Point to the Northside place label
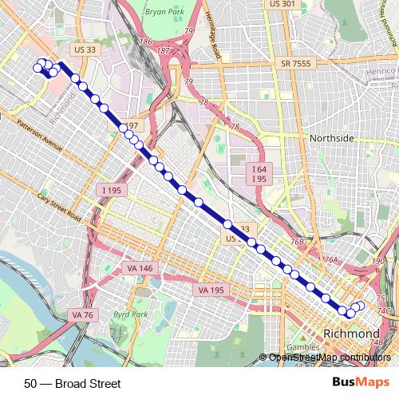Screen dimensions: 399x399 pyautogui.click(x=331, y=138)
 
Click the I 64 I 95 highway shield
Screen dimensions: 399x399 pyautogui.click(x=257, y=174)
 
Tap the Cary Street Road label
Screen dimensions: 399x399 pyautogui.click(x=59, y=207)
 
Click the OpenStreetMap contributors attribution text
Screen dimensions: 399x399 pyautogui.click(x=330, y=358)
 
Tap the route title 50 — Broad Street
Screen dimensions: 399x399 pyautogui.click(x=73, y=384)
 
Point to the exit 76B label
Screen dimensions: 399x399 pyautogui.click(x=298, y=242)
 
